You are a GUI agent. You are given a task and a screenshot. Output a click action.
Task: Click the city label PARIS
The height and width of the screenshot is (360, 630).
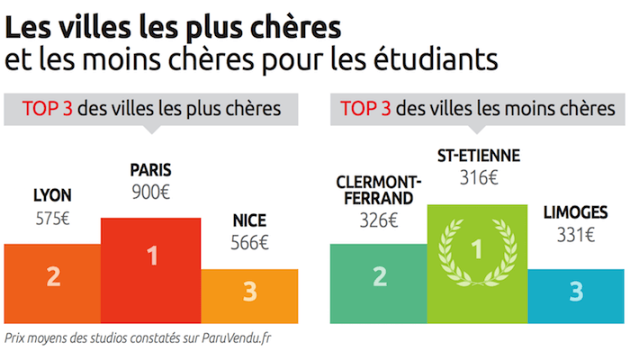pos(151,169)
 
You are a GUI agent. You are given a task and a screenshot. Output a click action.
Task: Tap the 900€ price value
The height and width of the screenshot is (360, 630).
pos(151,192)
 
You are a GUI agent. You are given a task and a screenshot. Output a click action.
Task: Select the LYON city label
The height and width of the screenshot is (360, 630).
pos(52,195)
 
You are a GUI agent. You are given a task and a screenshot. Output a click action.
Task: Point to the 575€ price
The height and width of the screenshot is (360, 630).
pos(52,218)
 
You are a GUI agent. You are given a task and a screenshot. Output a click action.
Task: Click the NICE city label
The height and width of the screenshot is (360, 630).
pos(249,220)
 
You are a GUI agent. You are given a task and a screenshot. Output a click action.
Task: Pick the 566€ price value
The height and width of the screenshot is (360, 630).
pos(249,242)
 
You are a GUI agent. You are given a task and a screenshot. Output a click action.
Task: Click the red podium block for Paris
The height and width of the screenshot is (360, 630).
pos(151,270)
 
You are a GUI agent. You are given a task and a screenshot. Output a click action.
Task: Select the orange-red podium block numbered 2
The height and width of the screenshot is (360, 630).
pos(52,284)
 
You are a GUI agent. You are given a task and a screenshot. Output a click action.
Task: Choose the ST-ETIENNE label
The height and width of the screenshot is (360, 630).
pos(478,155)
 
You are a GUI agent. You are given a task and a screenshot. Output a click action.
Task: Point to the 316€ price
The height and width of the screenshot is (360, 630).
pos(478,177)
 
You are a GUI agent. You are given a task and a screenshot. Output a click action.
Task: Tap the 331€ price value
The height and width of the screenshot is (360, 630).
pos(575,237)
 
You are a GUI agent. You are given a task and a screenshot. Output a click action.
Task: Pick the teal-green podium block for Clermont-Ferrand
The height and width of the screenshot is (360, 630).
pos(378,284)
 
